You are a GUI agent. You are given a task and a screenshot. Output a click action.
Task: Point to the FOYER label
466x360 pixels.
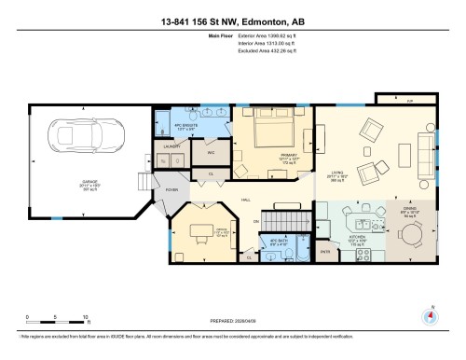click(x=171, y=189)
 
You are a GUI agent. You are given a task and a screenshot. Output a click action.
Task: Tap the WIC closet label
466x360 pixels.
click(x=210, y=153)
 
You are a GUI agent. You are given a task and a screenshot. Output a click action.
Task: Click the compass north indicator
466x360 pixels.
click(x=430, y=314)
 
